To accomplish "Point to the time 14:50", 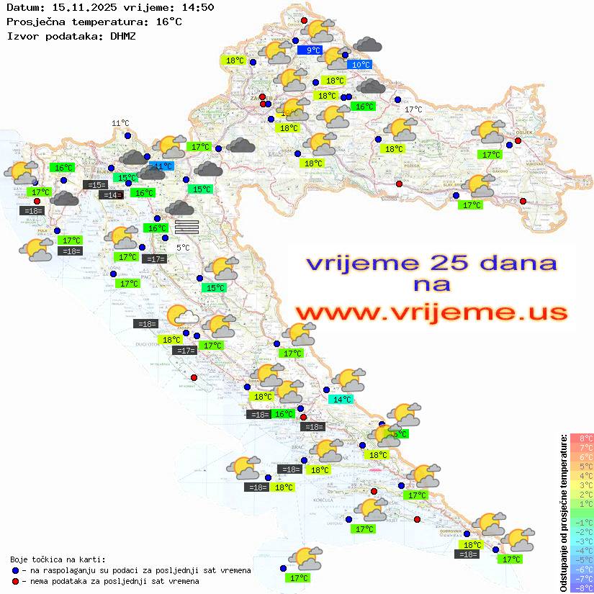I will [197, 8].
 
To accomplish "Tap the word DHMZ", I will [123, 35].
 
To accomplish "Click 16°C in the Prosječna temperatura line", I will [168, 22].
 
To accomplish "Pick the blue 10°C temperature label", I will [359, 65].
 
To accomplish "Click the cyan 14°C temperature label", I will [341, 400].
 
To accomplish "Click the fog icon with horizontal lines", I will [186, 227].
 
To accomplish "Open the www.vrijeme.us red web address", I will [431, 312].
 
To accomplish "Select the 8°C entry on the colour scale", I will [582, 438].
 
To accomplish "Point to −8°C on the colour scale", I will [582, 588].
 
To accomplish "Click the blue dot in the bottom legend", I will [16, 570].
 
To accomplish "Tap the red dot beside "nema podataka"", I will [16, 581].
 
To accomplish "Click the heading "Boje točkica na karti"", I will [58, 559].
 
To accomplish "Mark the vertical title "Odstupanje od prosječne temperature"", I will [564, 513].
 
